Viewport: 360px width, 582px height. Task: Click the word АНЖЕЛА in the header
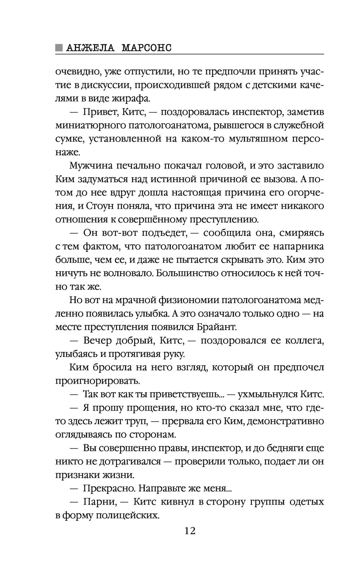coord(90,48)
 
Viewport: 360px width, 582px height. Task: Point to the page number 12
coord(189,530)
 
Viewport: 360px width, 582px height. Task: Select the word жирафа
coord(134,98)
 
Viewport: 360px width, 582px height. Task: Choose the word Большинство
coord(187,273)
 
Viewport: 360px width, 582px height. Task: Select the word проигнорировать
coord(97,380)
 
